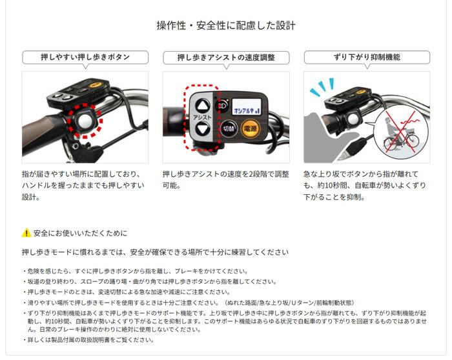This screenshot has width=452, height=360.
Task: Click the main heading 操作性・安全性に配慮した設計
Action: coord(226,26)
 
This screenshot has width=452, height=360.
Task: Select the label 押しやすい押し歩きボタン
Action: coord(85,57)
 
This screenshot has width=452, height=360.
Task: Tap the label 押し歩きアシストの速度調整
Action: coord(225,57)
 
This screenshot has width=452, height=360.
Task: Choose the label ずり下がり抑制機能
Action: coord(366,57)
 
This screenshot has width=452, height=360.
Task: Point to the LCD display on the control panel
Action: coord(247,106)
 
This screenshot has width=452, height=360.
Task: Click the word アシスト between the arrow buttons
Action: coord(202,117)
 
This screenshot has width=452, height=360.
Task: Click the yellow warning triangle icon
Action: coord(26,233)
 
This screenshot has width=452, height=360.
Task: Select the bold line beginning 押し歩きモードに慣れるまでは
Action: coord(155,252)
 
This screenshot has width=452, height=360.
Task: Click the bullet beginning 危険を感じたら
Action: coord(136,272)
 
